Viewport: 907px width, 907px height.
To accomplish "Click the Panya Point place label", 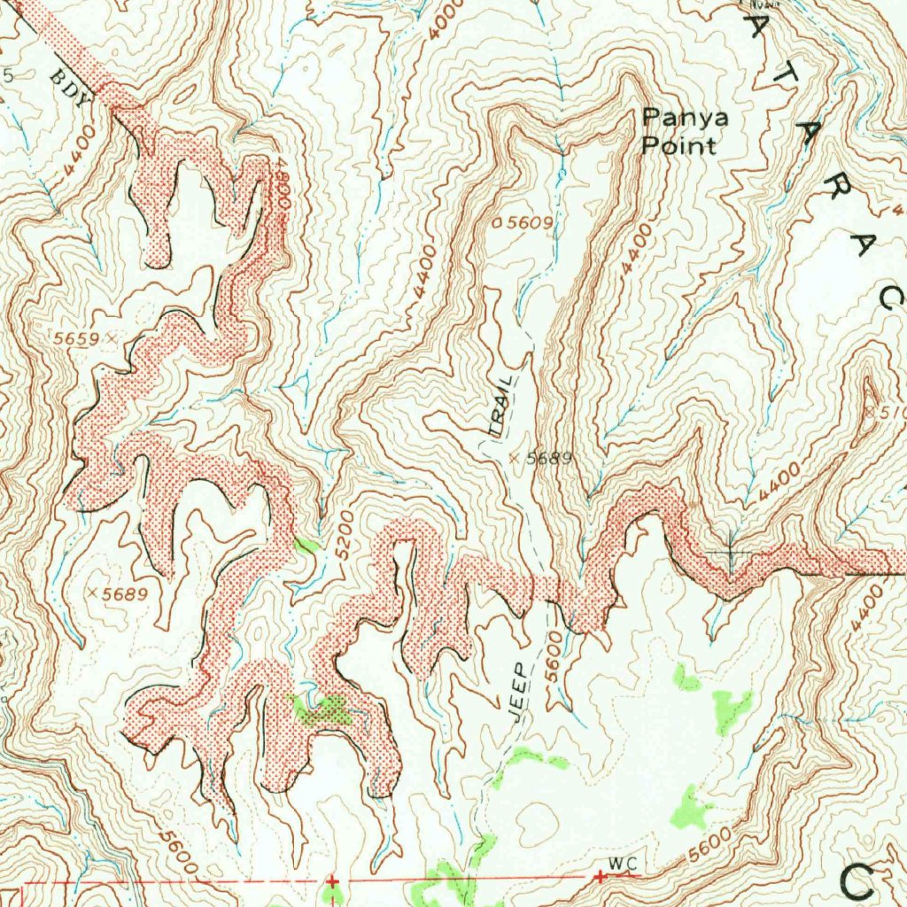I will [679, 131].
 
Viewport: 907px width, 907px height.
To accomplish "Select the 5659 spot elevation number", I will [76, 338].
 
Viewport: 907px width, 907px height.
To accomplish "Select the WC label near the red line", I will [623, 864].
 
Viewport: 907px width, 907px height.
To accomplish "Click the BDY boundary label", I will [71, 88].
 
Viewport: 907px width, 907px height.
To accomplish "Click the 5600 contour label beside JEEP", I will [554, 656].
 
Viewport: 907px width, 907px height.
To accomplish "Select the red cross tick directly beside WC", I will [600, 877].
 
